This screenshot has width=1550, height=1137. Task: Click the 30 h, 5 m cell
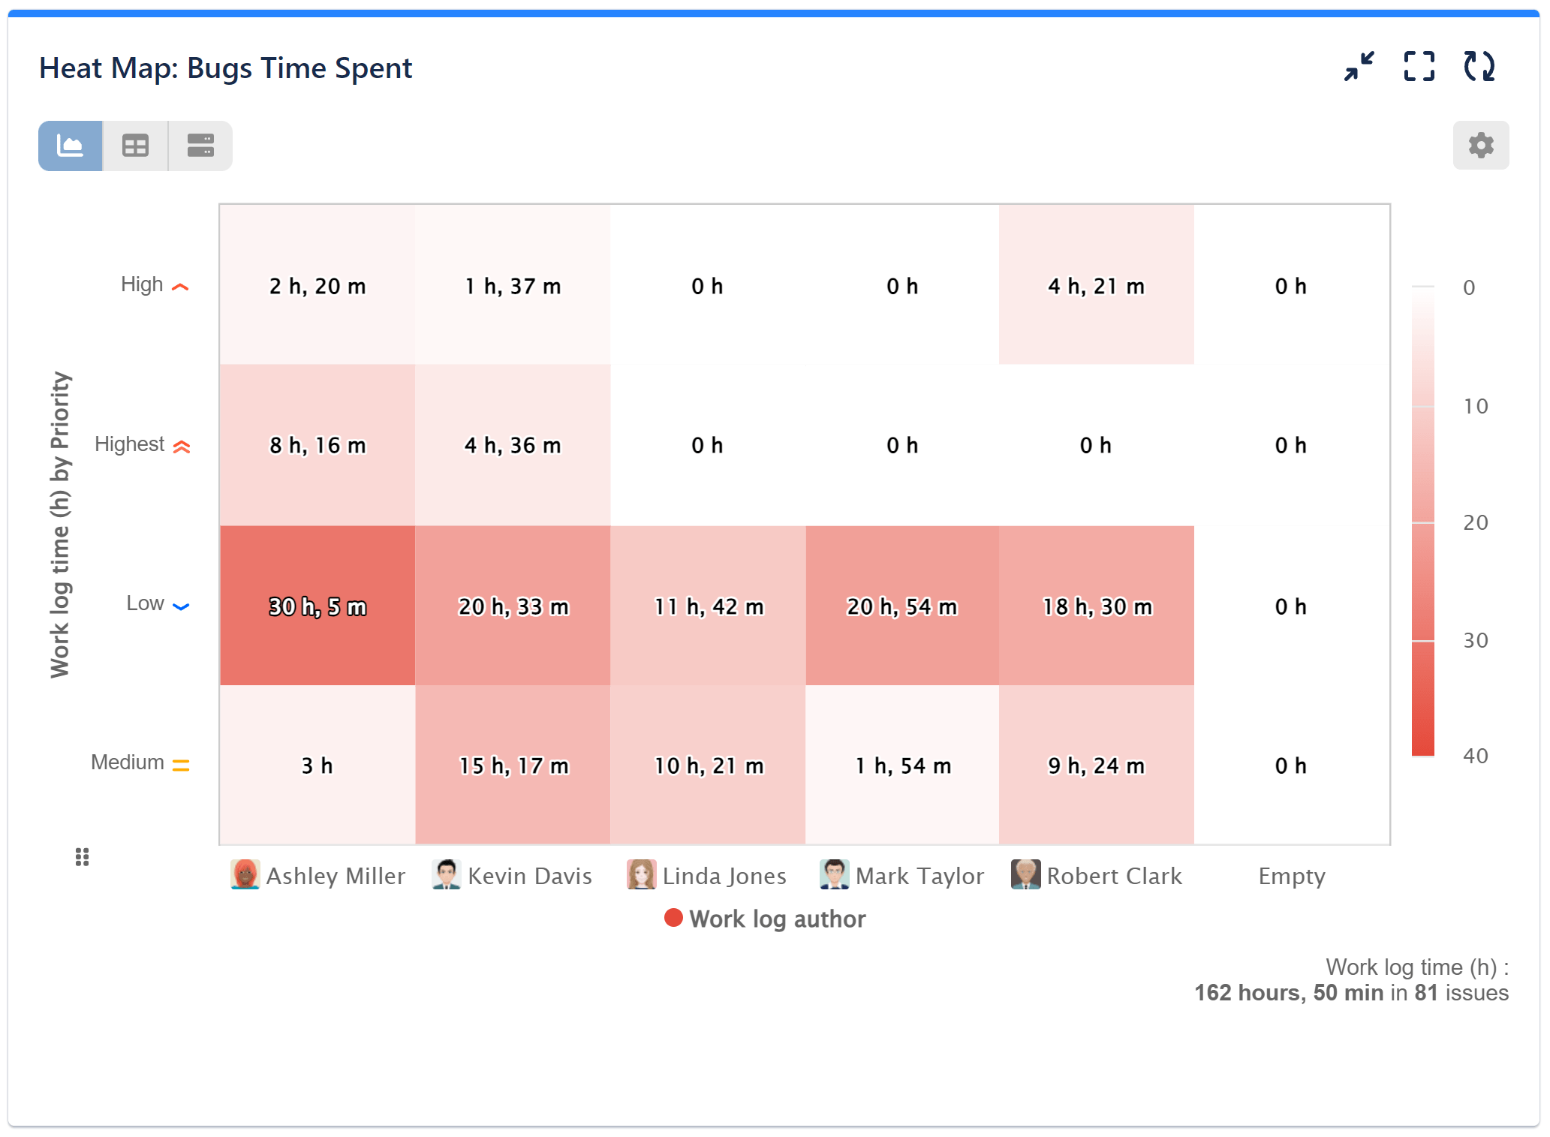(317, 606)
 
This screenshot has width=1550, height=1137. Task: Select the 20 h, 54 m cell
(901, 606)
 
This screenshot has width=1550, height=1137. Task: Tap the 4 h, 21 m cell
(1096, 285)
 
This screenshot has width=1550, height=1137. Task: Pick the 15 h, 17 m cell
(513, 765)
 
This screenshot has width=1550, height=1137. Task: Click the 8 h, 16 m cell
(317, 445)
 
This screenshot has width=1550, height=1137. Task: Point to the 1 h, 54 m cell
(901, 765)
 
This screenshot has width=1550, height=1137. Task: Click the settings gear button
(1480, 145)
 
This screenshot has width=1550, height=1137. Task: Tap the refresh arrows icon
(1479, 67)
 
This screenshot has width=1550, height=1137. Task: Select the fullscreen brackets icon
(1419, 67)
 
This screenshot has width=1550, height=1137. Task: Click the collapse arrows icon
(1359, 67)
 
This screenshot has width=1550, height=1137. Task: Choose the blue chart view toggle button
(71, 146)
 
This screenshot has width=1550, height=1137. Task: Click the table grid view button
(135, 146)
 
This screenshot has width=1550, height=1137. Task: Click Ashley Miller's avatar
(245, 874)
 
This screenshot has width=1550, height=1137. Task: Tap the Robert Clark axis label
(1114, 876)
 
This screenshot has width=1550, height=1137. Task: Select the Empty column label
(1291, 876)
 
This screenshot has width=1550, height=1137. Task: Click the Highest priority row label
(129, 444)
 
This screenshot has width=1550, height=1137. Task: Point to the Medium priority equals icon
(181, 765)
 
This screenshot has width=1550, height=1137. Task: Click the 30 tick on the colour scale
(1475, 640)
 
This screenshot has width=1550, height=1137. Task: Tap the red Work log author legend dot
(673, 918)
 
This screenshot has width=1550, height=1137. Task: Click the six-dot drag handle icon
(83, 856)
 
